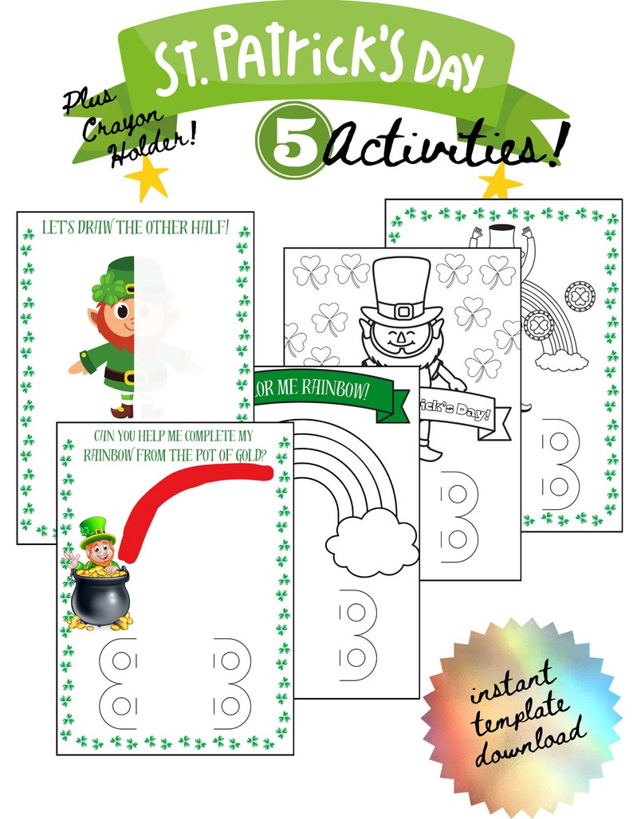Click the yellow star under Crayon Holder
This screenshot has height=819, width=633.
[147, 180]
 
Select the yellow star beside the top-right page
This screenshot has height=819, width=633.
[500, 182]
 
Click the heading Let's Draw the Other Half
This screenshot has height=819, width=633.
[135, 228]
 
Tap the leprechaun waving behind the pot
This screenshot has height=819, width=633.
[95, 546]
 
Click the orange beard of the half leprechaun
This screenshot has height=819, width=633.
[120, 338]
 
